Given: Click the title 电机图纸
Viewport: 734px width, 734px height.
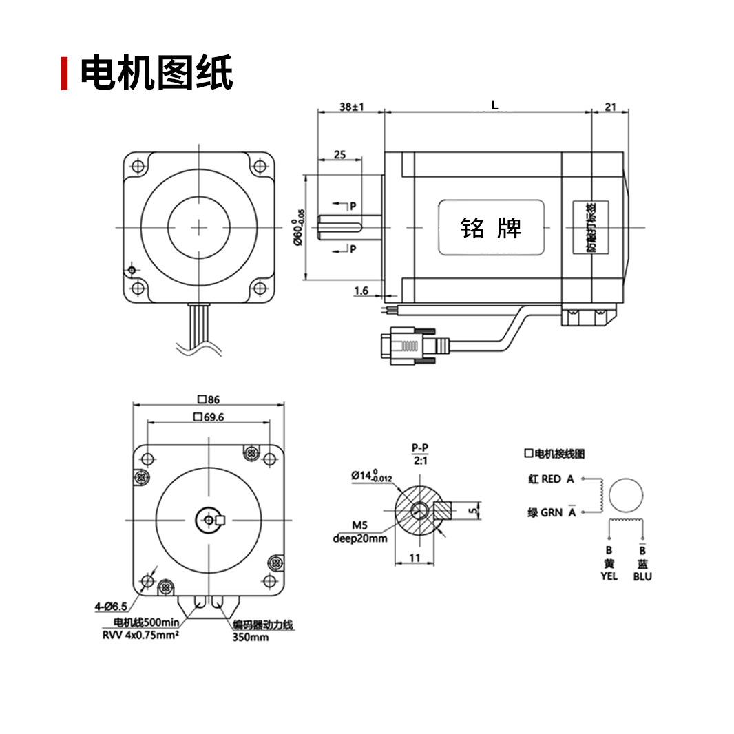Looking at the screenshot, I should pyautogui.click(x=156, y=73).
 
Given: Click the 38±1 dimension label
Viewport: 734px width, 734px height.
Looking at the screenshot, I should pyautogui.click(x=351, y=107).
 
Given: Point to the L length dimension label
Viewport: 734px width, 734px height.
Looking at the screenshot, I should pyautogui.click(x=494, y=105).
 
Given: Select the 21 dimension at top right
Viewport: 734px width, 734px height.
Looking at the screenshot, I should pyautogui.click(x=610, y=107).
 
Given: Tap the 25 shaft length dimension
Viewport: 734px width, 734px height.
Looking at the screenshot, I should pyautogui.click(x=339, y=154).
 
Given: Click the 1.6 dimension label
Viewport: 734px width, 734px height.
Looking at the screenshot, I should pyautogui.click(x=361, y=291).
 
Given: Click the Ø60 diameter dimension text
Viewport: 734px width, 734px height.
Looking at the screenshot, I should pyautogui.click(x=298, y=227).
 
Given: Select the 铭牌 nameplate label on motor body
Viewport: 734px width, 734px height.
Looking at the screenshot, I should pyautogui.click(x=492, y=227).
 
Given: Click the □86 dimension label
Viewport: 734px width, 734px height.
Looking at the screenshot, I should pyautogui.click(x=207, y=399).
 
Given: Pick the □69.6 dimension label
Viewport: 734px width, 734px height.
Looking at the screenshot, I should pyautogui.click(x=209, y=417).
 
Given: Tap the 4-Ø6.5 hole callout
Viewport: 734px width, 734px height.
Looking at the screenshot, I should pyautogui.click(x=111, y=607).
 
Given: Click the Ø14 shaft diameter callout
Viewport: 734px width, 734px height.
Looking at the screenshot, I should pyautogui.click(x=371, y=476).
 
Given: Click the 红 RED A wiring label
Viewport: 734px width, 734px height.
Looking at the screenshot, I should pyautogui.click(x=551, y=479).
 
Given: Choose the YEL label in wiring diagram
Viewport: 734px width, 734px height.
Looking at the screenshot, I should pyautogui.click(x=609, y=576).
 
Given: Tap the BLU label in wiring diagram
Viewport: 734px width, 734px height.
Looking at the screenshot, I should pyautogui.click(x=642, y=576).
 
